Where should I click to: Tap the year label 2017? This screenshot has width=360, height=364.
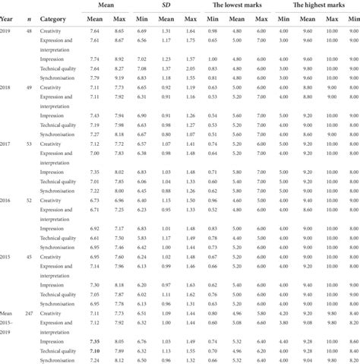tap(6, 143)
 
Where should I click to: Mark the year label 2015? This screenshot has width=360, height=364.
tap(6, 257)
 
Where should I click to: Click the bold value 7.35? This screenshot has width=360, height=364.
tap(96, 342)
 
